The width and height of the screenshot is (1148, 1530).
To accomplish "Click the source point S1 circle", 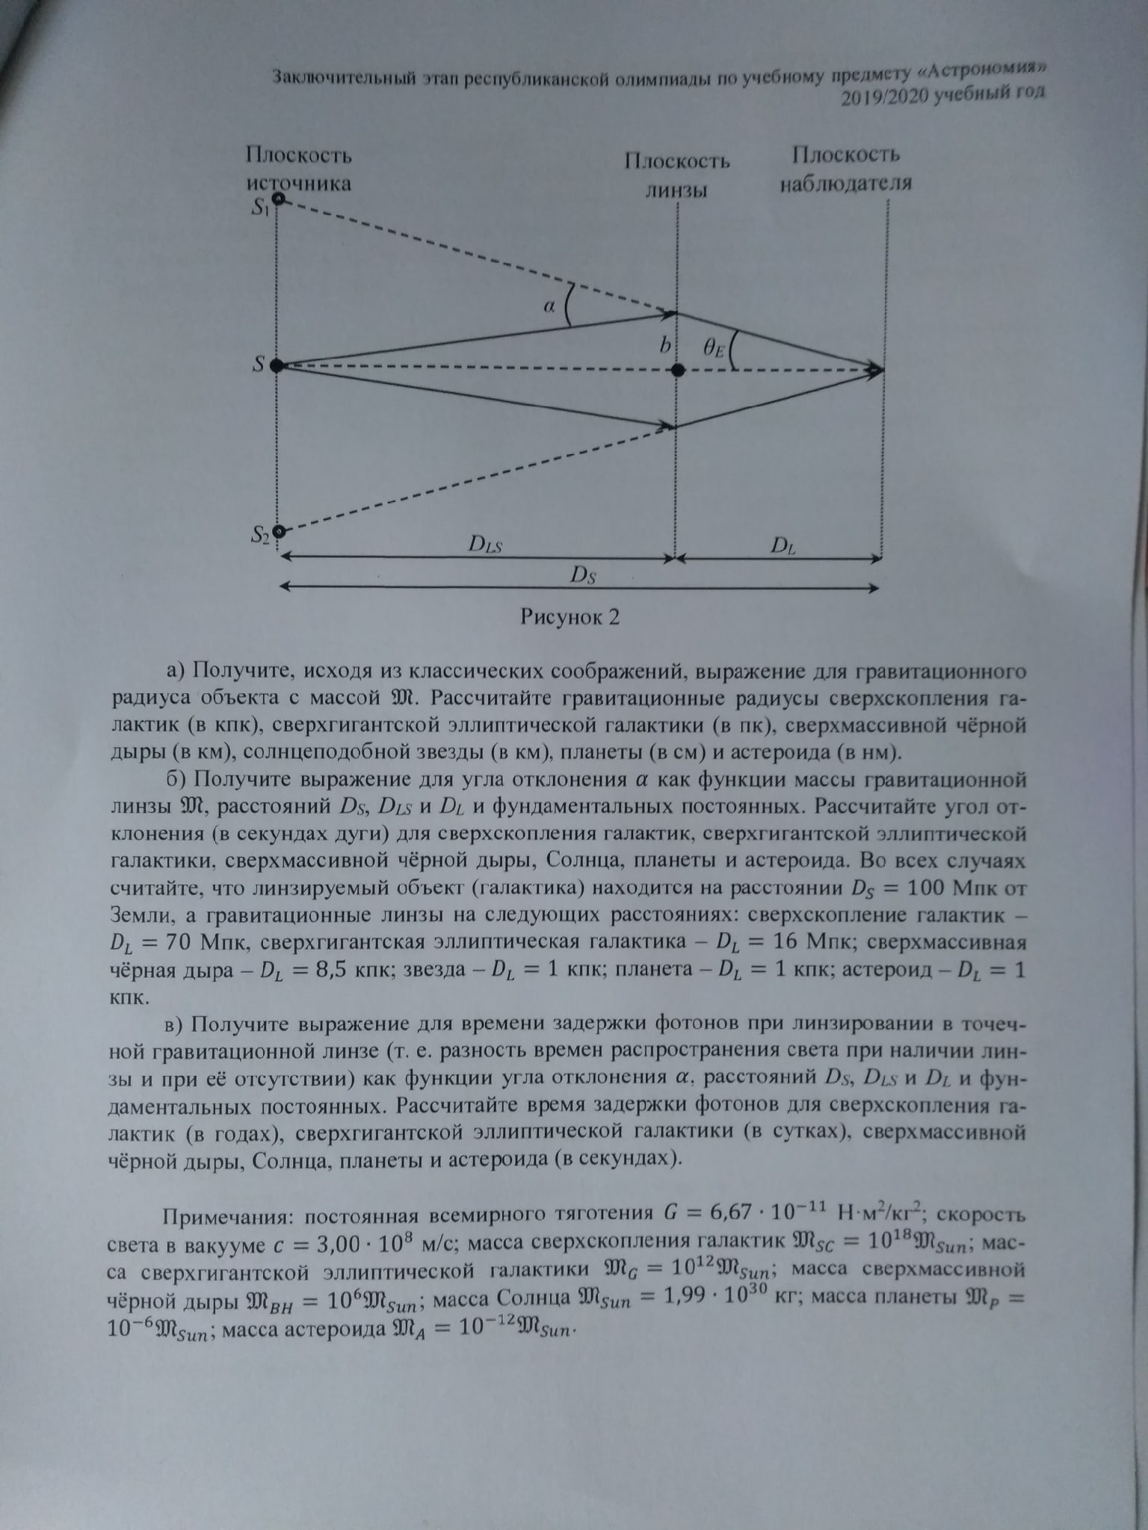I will click(x=278, y=199).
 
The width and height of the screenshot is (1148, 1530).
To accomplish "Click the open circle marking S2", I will click(x=279, y=532).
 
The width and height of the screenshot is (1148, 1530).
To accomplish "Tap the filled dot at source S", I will click(x=276, y=365).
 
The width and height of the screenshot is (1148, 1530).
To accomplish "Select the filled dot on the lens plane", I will click(x=677, y=369).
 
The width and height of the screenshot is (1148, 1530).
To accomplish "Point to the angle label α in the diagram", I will click(x=549, y=306).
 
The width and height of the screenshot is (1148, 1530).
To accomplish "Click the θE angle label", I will click(x=713, y=347).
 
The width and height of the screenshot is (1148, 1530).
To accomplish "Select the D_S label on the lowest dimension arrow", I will click(x=582, y=574).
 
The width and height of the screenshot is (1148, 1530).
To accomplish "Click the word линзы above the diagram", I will click(x=676, y=190).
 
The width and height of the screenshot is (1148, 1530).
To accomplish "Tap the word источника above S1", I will click(x=298, y=183).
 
